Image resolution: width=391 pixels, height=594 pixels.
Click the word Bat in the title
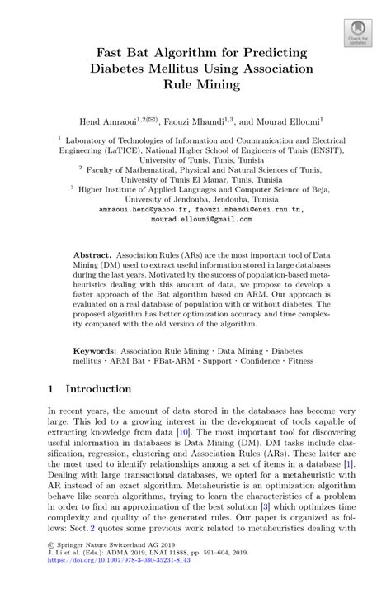[145, 52]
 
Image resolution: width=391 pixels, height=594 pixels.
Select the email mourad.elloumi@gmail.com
[195, 220]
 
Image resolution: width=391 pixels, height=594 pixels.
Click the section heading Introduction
[98, 388]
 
